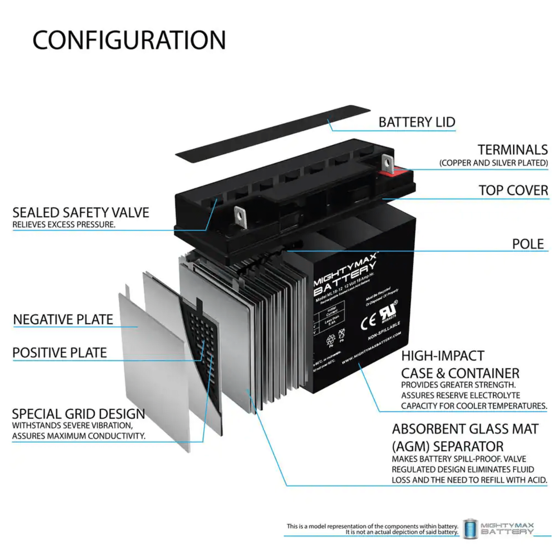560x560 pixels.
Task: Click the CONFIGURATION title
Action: tap(129, 40)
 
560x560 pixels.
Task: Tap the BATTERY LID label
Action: tap(417, 122)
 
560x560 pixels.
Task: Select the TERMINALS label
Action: tap(512, 150)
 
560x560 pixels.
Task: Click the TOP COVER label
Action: tap(513, 190)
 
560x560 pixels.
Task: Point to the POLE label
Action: tap(528, 244)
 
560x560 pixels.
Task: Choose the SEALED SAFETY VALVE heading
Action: tap(81, 213)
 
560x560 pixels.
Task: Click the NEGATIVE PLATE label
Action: tap(63, 320)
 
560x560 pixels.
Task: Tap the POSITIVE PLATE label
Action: tap(60, 353)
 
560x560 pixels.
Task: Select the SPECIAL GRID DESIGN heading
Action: tap(78, 414)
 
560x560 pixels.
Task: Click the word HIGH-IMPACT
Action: tap(443, 356)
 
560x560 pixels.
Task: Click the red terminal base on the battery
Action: tap(396, 171)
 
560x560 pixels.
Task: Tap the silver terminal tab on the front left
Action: tap(240, 216)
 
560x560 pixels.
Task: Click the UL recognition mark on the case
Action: tap(388, 312)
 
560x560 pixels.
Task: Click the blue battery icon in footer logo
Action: tap(470, 529)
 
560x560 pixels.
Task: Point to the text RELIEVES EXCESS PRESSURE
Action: tap(64, 225)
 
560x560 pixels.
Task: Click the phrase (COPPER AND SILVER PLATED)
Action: tap(493, 163)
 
